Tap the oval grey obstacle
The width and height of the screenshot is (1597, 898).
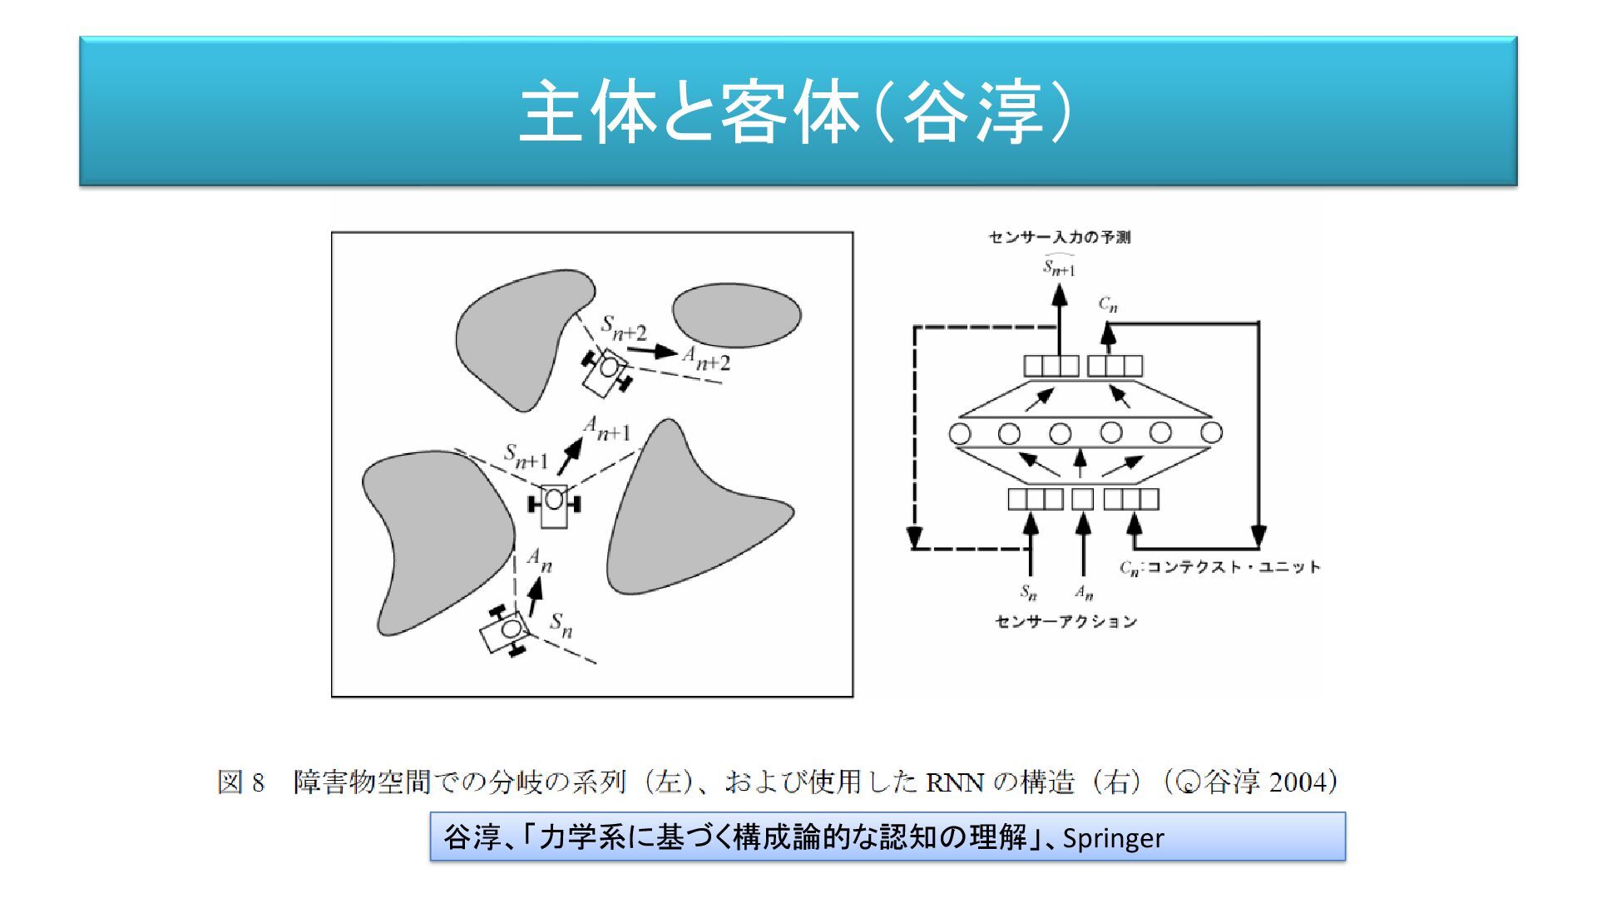pyautogui.click(x=736, y=315)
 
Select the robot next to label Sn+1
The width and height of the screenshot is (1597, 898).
pyautogui.click(x=554, y=504)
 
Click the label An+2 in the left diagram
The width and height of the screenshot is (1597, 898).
pyautogui.click(x=706, y=358)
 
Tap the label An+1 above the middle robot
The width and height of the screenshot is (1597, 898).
pyautogui.click(x=607, y=429)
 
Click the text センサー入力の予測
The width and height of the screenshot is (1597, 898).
pyautogui.click(x=1059, y=237)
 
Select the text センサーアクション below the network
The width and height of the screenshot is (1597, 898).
pyautogui.click(x=1065, y=621)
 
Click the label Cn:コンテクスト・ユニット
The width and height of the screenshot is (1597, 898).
pyautogui.click(x=1219, y=567)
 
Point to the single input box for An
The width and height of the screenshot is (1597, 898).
pyautogui.click(x=1082, y=499)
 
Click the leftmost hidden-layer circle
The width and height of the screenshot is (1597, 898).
pyautogui.click(x=960, y=433)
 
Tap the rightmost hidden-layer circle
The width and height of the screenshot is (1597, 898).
pyautogui.click(x=1211, y=432)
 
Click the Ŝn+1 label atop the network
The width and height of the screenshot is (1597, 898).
pyautogui.click(x=1059, y=266)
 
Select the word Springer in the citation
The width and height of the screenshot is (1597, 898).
pyautogui.click(x=1113, y=838)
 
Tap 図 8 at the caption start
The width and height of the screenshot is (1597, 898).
pyautogui.click(x=241, y=782)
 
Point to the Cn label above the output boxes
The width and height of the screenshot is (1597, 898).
pyautogui.click(x=1108, y=304)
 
